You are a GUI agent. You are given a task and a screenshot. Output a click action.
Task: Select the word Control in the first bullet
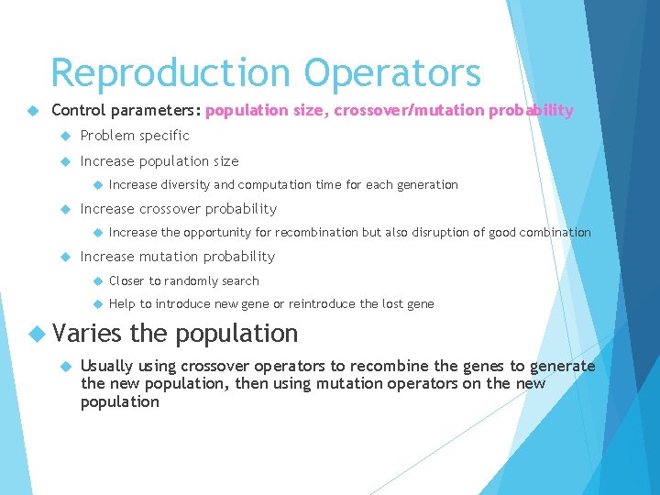pyautogui.click(x=77, y=111)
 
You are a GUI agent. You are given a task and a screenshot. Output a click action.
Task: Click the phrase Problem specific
pyautogui.click(x=135, y=136)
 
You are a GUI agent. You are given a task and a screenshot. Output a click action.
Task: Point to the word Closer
pyautogui.click(x=126, y=281)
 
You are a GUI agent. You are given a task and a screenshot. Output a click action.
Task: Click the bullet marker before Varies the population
pyautogui.click(x=35, y=334)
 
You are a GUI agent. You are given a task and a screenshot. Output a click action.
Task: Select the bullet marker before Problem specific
pyautogui.click(x=65, y=136)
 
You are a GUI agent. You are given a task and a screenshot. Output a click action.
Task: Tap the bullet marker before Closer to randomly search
pyautogui.click(x=93, y=281)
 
